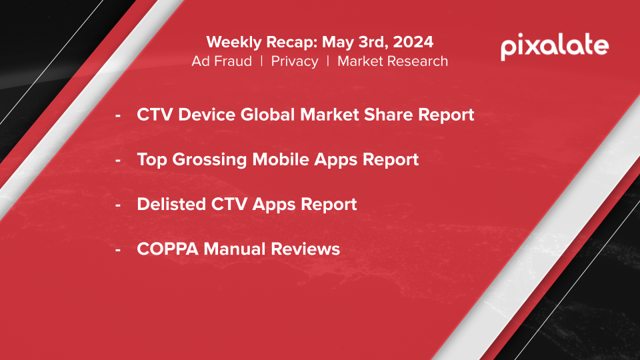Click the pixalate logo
pos(555,47)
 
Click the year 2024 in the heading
pos(413,41)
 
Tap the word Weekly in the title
pos(229,42)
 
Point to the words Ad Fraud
pos(221,61)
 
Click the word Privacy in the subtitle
pos(295,61)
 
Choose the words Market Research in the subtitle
pos(393,61)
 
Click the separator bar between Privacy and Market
pos(328,61)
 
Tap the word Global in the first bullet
pos(267,114)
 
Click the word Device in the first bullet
pos(207,114)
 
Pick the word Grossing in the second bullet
pos(209,159)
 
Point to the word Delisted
pos(171,204)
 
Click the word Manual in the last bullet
pos(234,249)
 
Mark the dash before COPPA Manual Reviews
pos(118,249)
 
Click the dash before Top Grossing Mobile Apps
pos(118,160)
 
